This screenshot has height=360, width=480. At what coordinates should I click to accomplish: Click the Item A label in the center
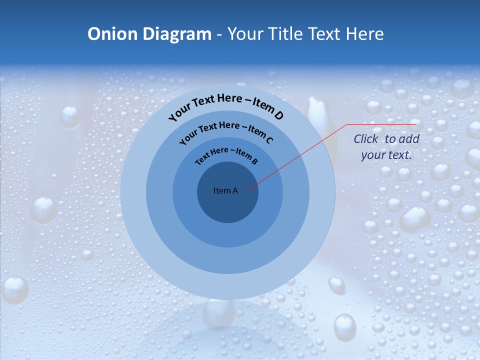click(225, 190)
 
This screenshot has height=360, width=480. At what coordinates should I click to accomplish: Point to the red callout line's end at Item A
click(247, 190)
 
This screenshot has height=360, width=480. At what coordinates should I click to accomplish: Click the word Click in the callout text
click(366, 139)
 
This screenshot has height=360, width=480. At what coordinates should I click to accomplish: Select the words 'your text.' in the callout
click(386, 155)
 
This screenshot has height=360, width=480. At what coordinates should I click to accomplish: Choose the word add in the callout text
click(409, 139)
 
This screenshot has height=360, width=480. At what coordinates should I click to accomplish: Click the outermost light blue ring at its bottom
click(227, 287)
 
